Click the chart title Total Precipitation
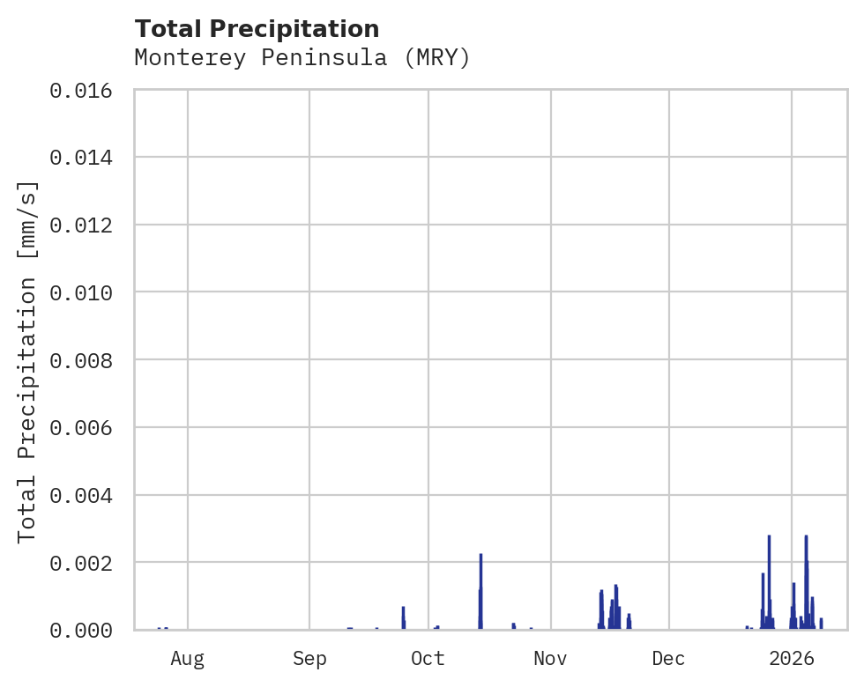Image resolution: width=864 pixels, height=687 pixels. click(x=257, y=29)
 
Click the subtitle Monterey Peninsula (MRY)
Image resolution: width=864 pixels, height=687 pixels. click(x=302, y=58)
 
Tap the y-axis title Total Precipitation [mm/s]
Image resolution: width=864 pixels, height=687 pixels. click(x=27, y=360)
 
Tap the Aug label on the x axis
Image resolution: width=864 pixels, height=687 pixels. click(x=188, y=658)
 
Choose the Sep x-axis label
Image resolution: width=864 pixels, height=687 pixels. click(x=309, y=658)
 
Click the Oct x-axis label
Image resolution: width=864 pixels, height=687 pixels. click(x=428, y=658)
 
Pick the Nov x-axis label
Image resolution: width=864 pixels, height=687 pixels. click(x=550, y=658)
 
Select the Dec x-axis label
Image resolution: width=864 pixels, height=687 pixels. click(x=669, y=658)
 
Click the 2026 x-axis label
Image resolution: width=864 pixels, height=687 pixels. click(x=791, y=658)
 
